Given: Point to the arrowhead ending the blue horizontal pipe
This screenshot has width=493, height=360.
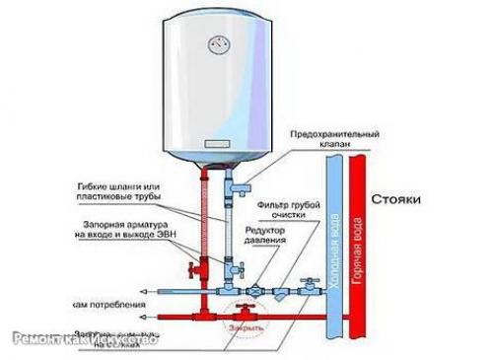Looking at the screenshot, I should pos(143,292).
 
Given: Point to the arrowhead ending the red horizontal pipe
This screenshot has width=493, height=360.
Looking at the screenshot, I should pos(143,316).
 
